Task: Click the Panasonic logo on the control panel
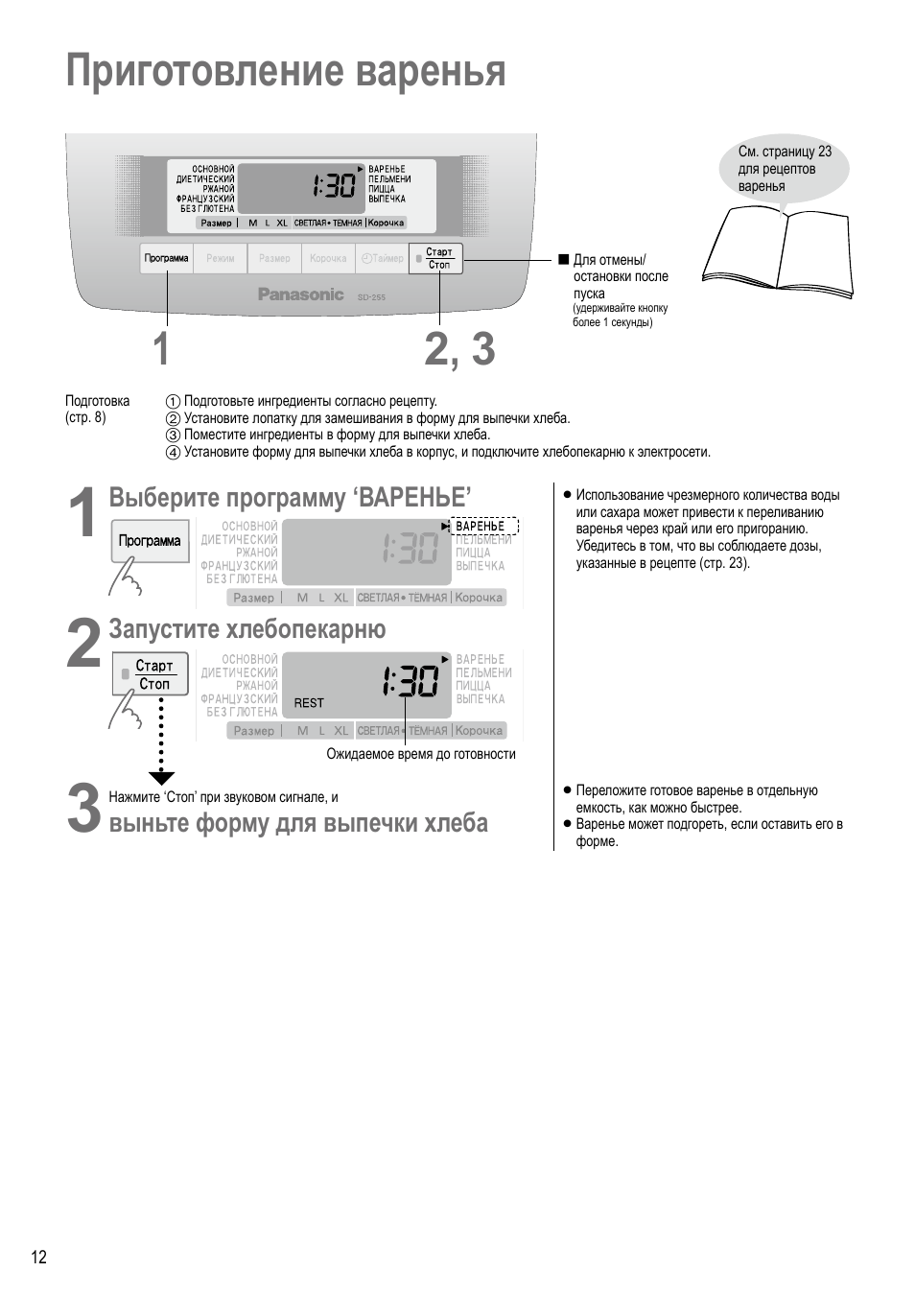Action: (x=300, y=294)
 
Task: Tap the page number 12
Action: (x=38, y=1258)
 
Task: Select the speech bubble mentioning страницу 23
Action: (x=784, y=169)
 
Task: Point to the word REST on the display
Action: (x=309, y=703)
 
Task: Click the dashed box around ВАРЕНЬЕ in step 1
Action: (x=484, y=526)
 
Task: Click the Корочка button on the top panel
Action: (x=328, y=259)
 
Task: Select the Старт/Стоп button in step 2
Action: (x=151, y=674)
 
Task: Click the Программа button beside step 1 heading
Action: (x=150, y=541)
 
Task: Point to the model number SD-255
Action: (x=371, y=297)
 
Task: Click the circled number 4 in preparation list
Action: (x=173, y=453)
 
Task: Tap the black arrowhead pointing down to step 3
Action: (x=161, y=778)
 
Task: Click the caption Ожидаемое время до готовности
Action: (x=421, y=754)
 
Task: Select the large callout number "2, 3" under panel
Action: (x=459, y=349)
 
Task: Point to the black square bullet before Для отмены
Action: (x=564, y=260)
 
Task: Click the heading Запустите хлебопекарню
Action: (x=247, y=629)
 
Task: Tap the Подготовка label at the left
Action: (x=97, y=401)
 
